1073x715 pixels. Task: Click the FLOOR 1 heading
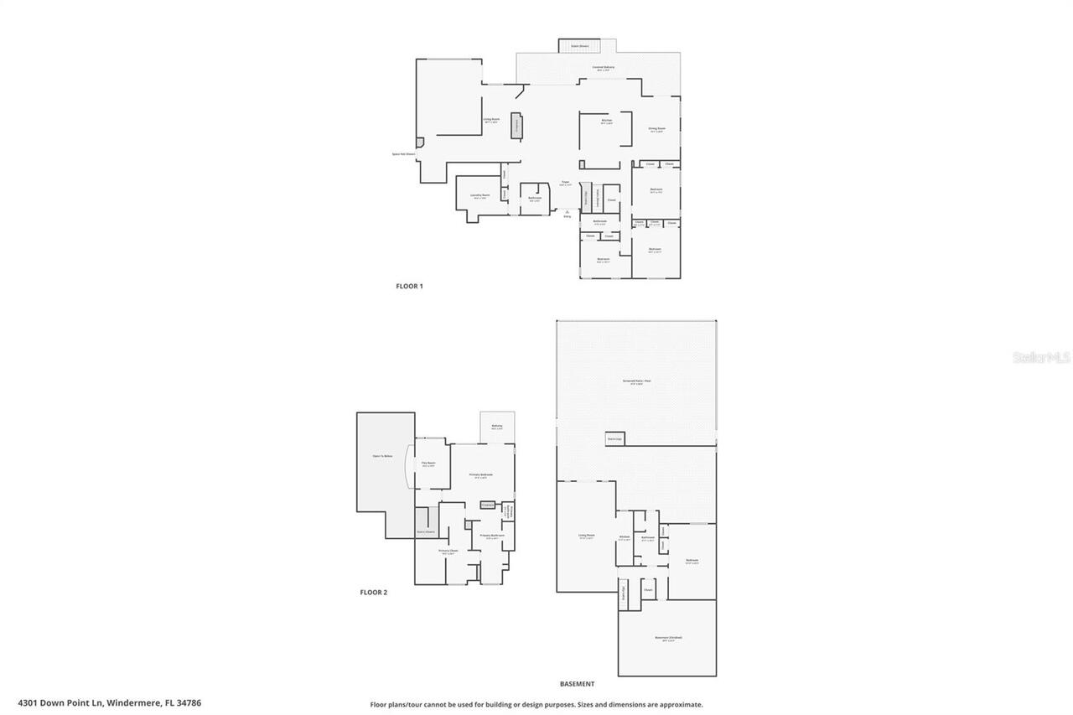409,286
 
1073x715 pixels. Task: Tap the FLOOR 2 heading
374,592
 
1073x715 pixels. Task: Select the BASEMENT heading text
577,684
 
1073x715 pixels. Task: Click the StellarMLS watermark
1041,357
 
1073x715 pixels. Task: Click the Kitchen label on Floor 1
606,122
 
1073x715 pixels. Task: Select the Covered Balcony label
604,68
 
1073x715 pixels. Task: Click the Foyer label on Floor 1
566,183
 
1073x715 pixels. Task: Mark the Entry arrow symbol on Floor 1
567,211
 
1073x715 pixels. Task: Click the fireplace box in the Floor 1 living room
517,125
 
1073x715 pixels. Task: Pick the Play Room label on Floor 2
428,464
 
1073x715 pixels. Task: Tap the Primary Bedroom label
480,475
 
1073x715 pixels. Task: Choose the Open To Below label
382,456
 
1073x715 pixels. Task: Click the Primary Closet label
448,552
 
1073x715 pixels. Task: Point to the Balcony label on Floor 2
497,427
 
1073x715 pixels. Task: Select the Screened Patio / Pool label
636,381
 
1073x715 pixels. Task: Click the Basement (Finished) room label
668,639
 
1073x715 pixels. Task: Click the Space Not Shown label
403,154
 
